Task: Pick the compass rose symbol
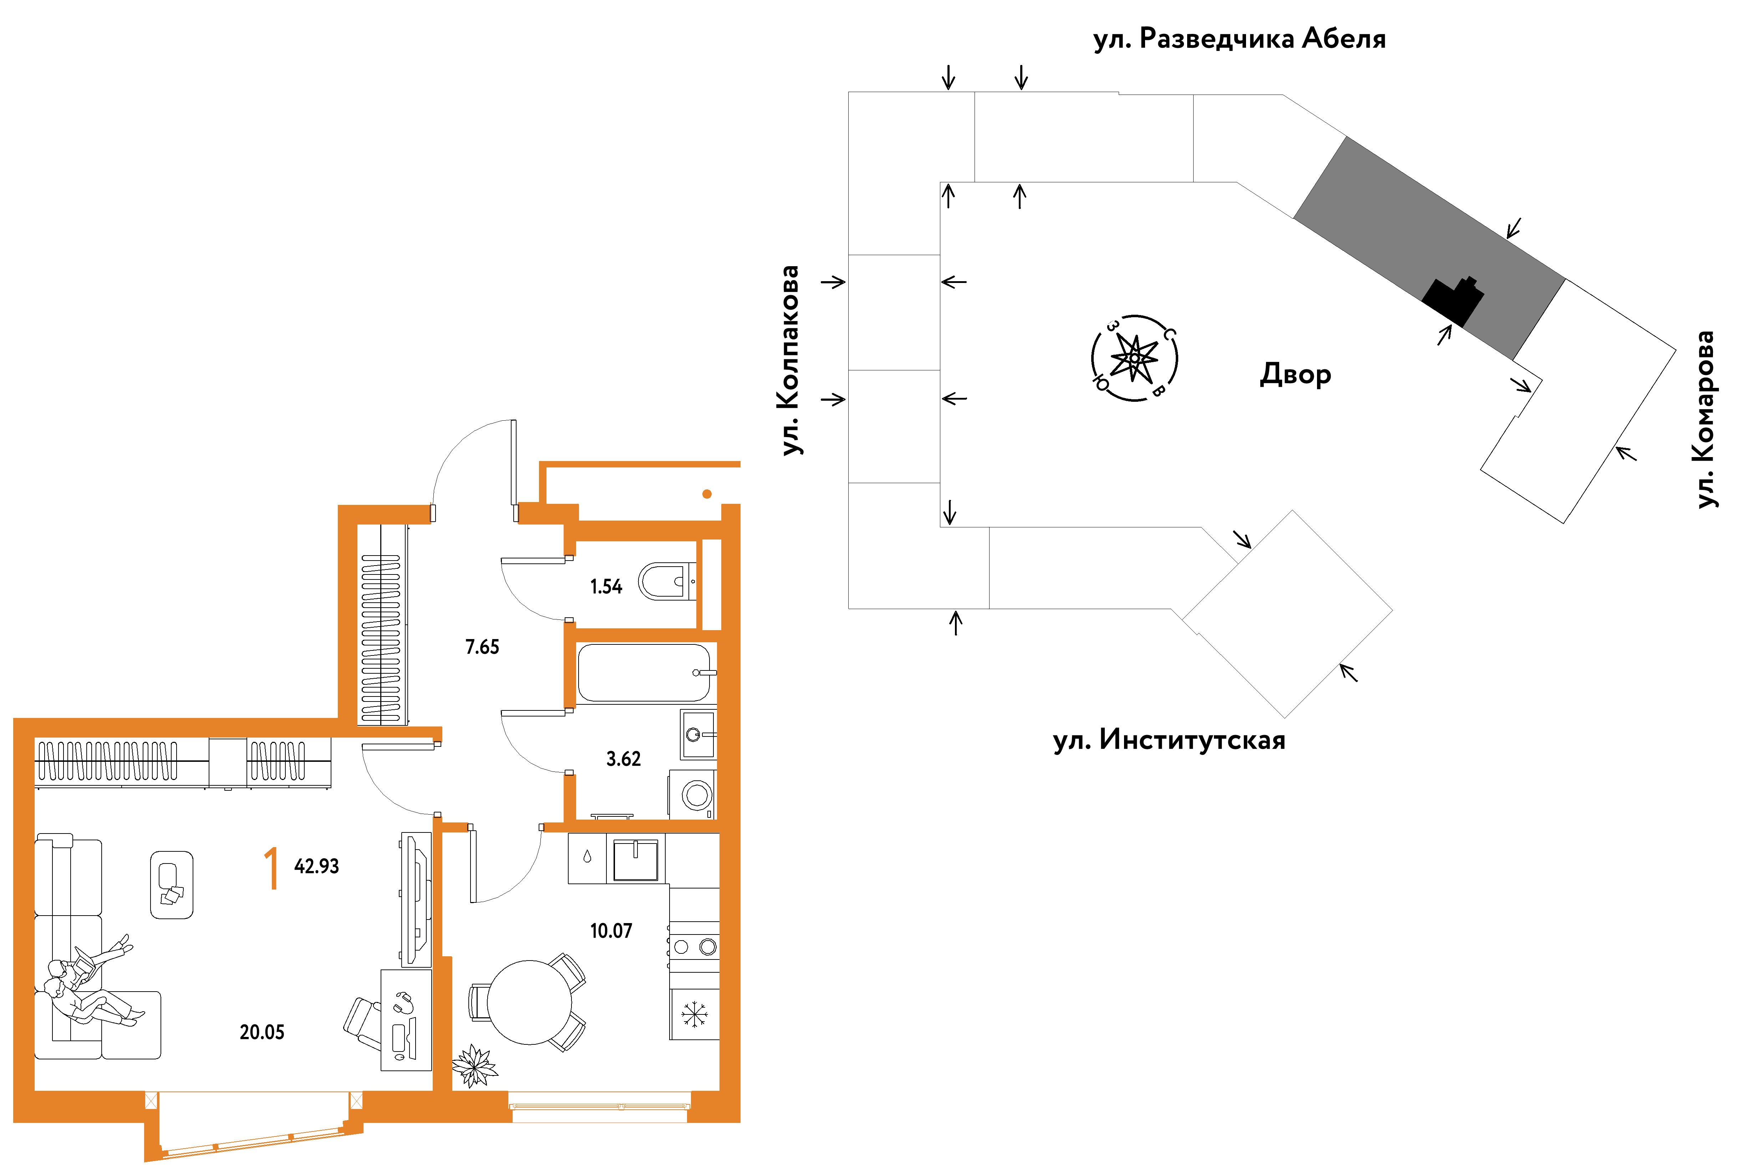coord(1134,358)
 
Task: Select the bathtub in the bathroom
coord(644,673)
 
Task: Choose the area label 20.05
coord(262,1033)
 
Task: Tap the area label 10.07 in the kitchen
coord(611,931)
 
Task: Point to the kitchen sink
coord(635,860)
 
